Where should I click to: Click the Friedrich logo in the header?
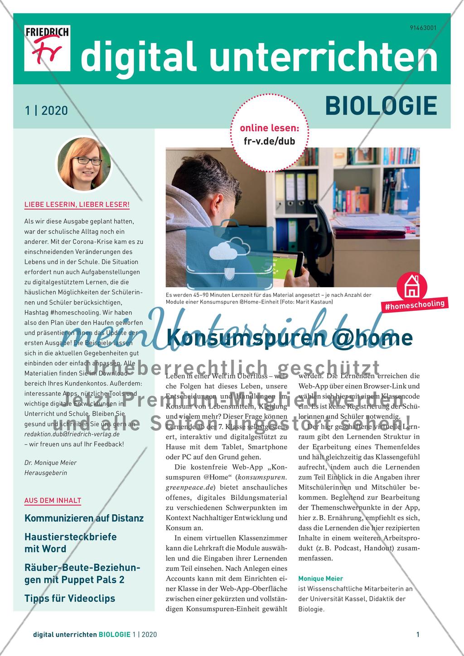pyautogui.click(x=47, y=48)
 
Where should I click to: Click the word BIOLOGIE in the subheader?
pyautogui.click(x=381, y=106)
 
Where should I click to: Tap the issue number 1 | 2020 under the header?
pyautogui.click(x=46, y=111)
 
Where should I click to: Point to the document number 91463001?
pyautogui.click(x=423, y=28)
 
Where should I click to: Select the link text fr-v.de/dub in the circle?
pyautogui.click(x=270, y=141)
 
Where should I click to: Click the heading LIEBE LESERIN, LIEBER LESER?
pyautogui.click(x=77, y=205)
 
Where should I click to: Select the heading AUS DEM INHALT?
pyautogui.click(x=53, y=501)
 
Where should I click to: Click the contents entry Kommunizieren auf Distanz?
pyautogui.click(x=84, y=518)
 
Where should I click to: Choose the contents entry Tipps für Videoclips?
pyautogui.click(x=70, y=598)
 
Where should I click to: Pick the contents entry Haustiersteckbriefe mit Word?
pyautogui.click(x=70, y=543)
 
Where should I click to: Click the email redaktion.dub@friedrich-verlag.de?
pyautogui.click(x=72, y=434)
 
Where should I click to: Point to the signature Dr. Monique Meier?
pyautogui.click(x=50, y=463)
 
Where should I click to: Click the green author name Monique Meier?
pyautogui.click(x=320, y=579)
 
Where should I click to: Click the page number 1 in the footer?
pyautogui.click(x=418, y=635)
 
